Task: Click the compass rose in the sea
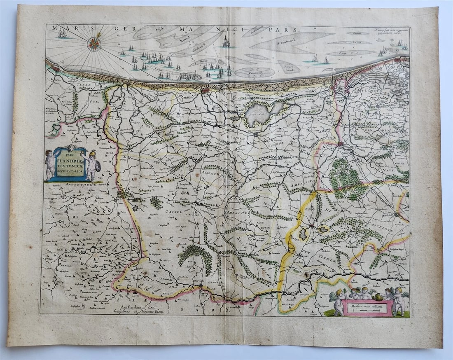[x=94, y=44]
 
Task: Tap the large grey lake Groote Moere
[x=264, y=114]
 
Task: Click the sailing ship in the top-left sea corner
[x=62, y=34]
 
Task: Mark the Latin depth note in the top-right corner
[x=391, y=31]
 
